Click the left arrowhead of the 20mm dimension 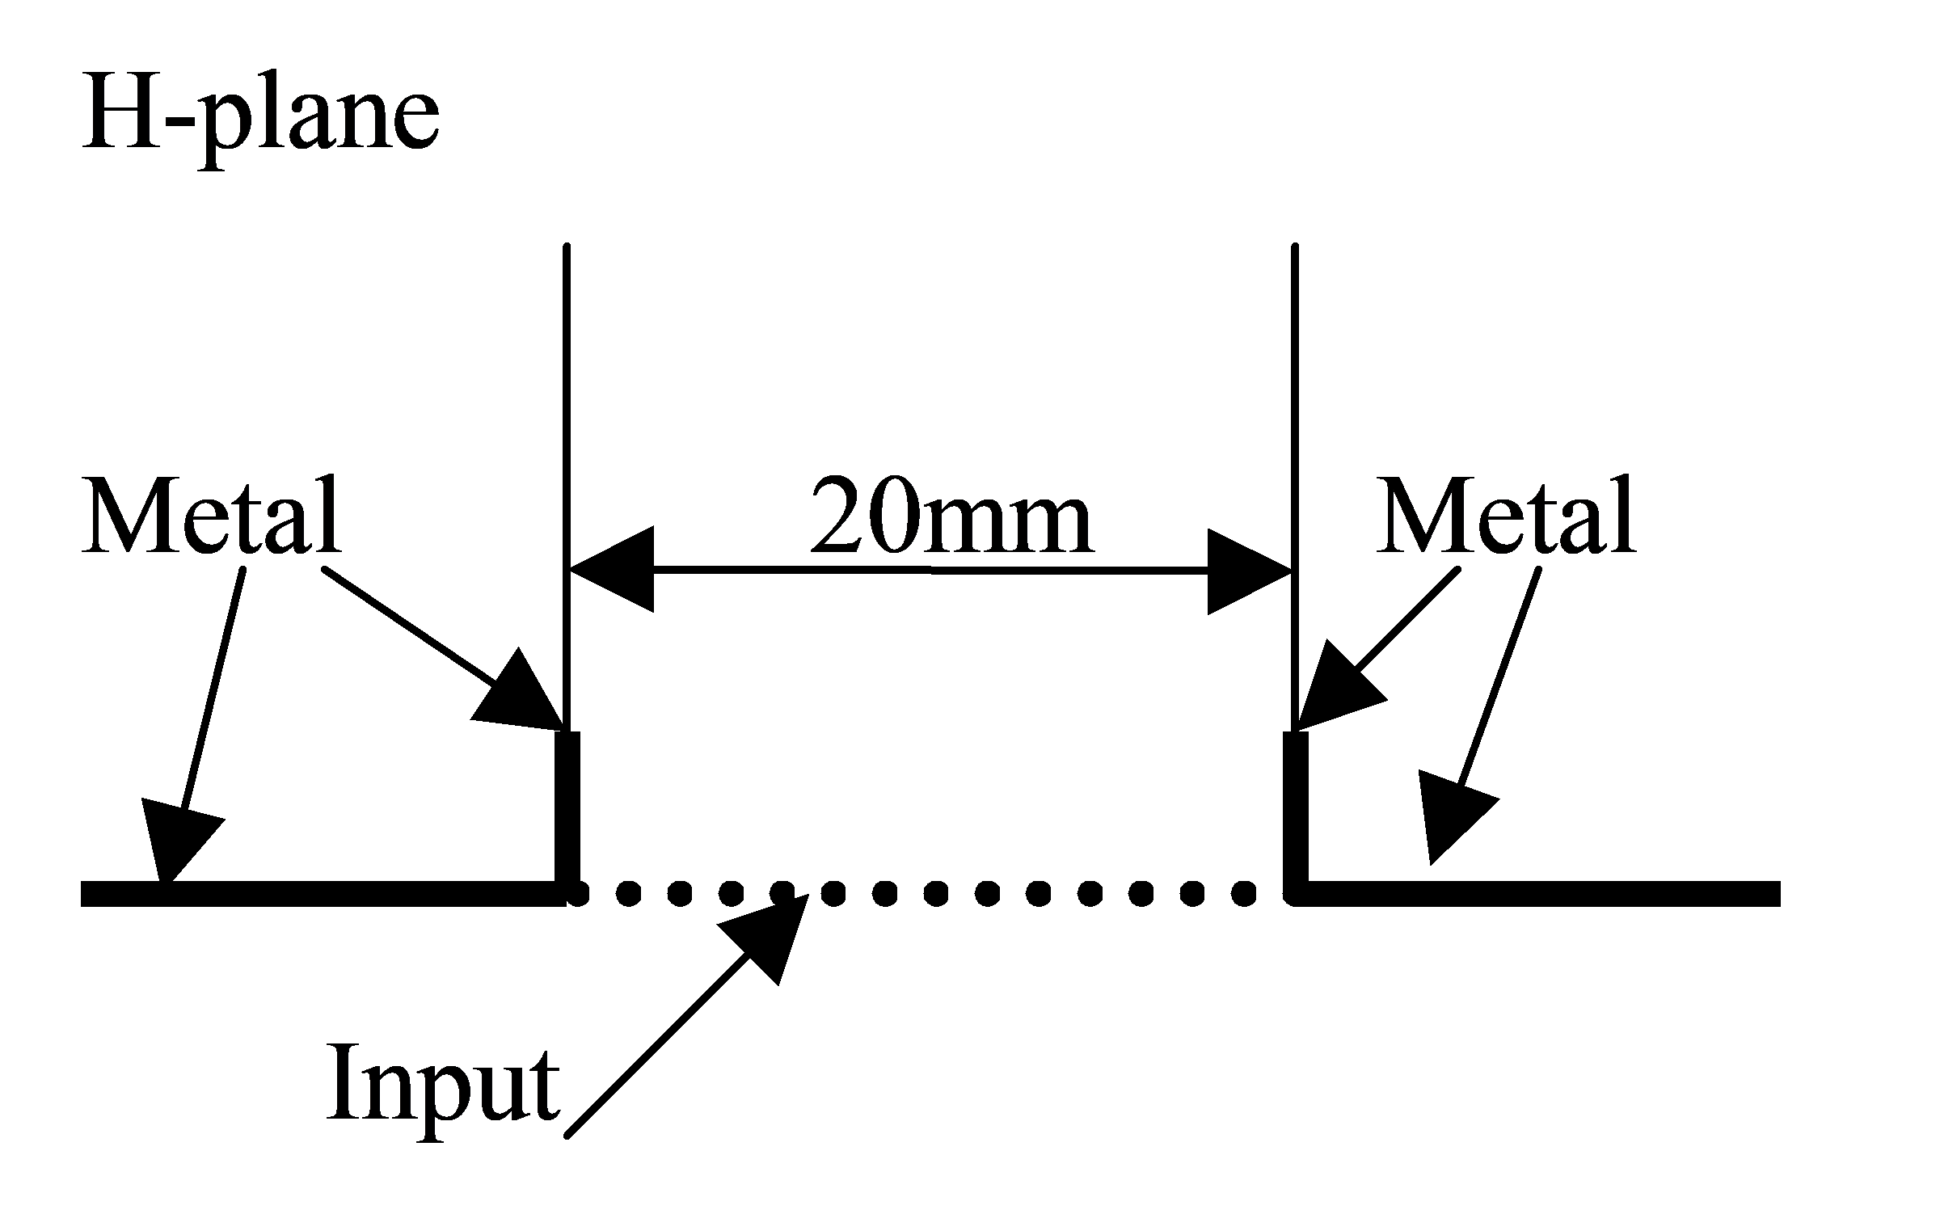coord(611,571)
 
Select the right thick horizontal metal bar coord(1537,894)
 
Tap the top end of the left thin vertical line coord(567,245)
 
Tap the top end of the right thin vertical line coord(1296,245)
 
